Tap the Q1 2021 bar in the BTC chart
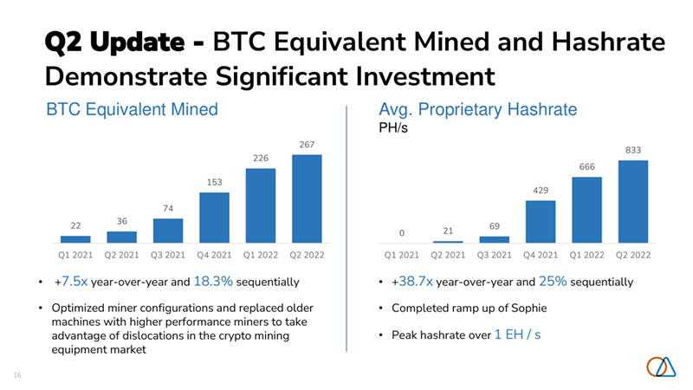click(75, 238)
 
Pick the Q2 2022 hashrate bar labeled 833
click(633, 201)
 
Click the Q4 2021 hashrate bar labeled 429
click(541, 221)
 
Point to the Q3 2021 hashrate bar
click(494, 239)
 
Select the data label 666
click(586, 166)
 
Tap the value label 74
click(168, 208)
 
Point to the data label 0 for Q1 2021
click(401, 232)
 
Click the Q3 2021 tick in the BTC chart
click(168, 256)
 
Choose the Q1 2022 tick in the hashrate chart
click(586, 256)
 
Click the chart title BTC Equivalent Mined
click(131, 110)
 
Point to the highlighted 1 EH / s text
click(517, 334)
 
